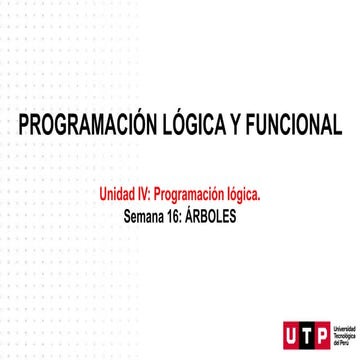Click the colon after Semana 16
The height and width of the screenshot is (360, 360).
(188, 216)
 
